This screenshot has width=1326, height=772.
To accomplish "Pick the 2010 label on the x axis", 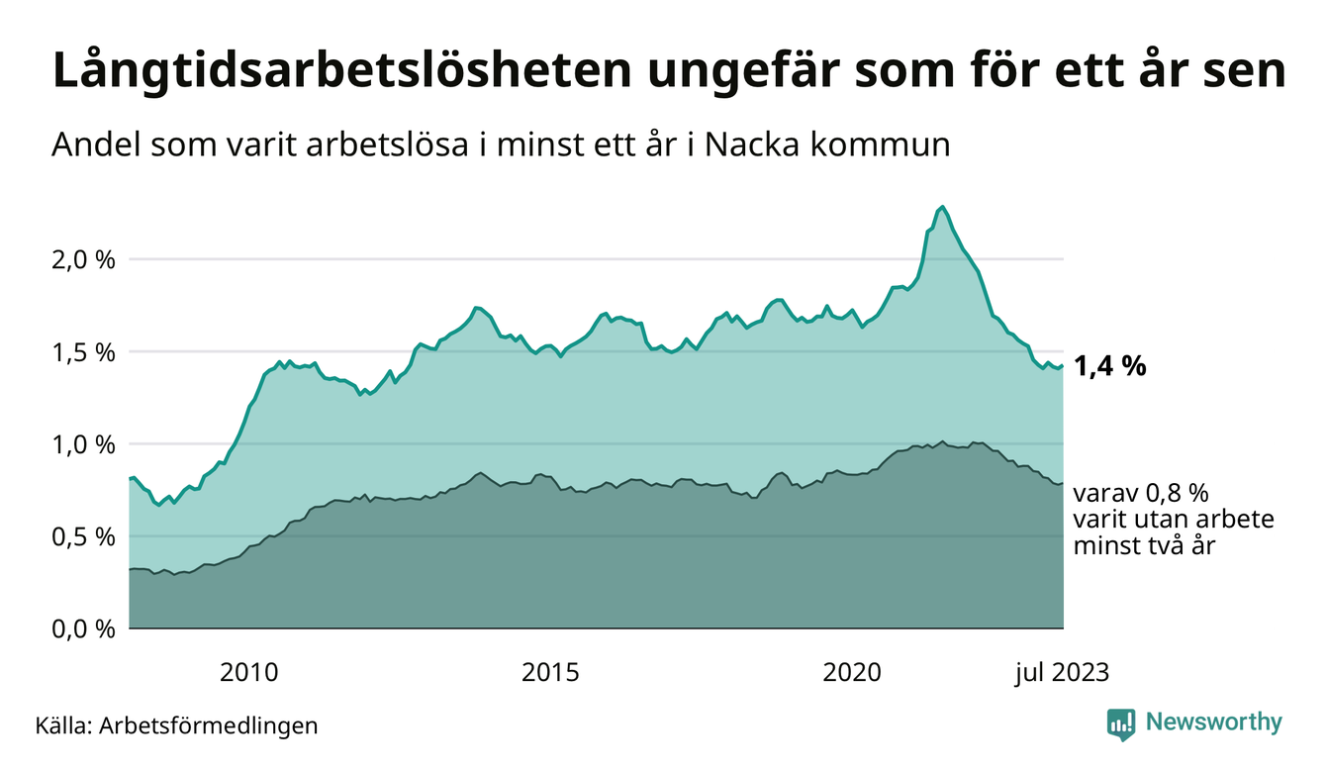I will [x=248, y=672].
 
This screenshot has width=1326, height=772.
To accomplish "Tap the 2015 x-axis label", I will [x=551, y=672].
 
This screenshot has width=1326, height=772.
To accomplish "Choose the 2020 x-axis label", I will [x=852, y=672].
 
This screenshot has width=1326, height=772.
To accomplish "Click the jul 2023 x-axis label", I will [x=1062, y=672].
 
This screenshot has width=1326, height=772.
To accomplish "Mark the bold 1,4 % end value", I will [x=1109, y=367].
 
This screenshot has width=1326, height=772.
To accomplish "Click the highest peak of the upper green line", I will [x=942, y=207].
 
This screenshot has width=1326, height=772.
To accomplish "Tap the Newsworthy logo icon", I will [x=1120, y=724].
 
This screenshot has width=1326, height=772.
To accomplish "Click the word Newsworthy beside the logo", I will [x=1213, y=723].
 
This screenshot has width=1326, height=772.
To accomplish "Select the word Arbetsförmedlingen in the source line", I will [x=209, y=725].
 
